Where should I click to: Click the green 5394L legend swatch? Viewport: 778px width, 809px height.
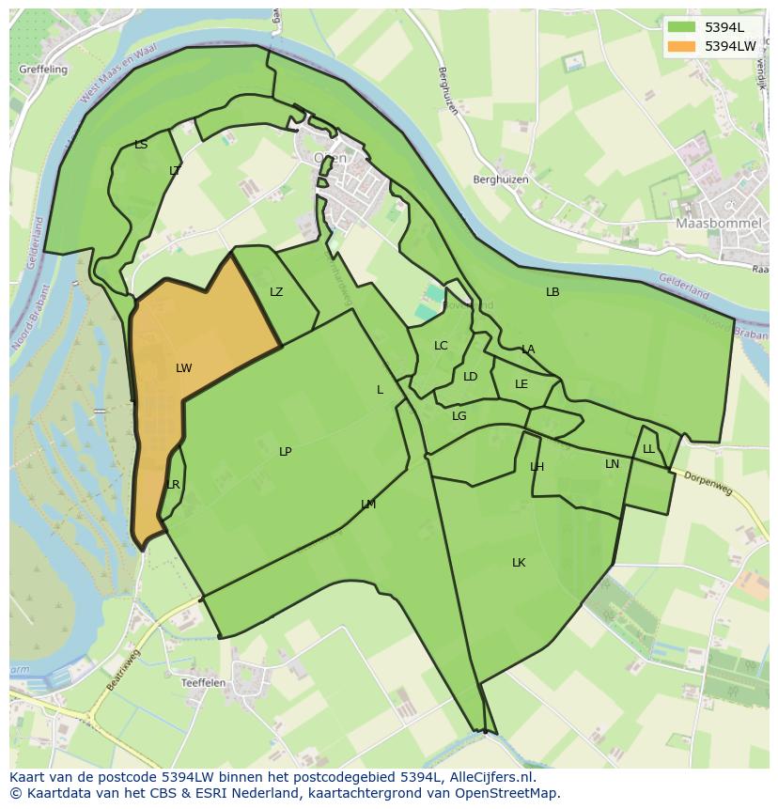(x=681, y=27)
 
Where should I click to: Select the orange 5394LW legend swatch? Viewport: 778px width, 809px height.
(x=681, y=45)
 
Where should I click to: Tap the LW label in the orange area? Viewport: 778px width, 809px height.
(x=183, y=368)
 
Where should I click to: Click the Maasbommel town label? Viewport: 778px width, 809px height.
(x=711, y=224)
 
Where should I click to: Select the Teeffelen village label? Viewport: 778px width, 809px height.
(x=204, y=683)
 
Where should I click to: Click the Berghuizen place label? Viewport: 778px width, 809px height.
(x=501, y=179)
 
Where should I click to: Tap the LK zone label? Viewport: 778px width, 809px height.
(x=519, y=563)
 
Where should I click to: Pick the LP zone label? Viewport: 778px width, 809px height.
(x=285, y=452)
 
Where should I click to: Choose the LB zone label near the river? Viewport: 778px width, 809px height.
(x=552, y=292)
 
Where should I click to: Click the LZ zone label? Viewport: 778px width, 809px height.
(x=276, y=292)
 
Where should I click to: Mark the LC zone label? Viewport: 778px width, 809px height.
(x=441, y=346)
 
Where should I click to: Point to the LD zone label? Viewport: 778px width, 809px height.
(x=471, y=377)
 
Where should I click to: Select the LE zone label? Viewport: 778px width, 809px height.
(x=521, y=384)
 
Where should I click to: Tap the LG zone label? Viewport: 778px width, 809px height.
(x=459, y=416)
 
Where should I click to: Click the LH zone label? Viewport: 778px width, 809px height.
(x=537, y=467)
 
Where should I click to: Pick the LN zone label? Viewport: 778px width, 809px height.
(x=612, y=464)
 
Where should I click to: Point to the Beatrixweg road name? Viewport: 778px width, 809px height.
(x=122, y=669)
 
